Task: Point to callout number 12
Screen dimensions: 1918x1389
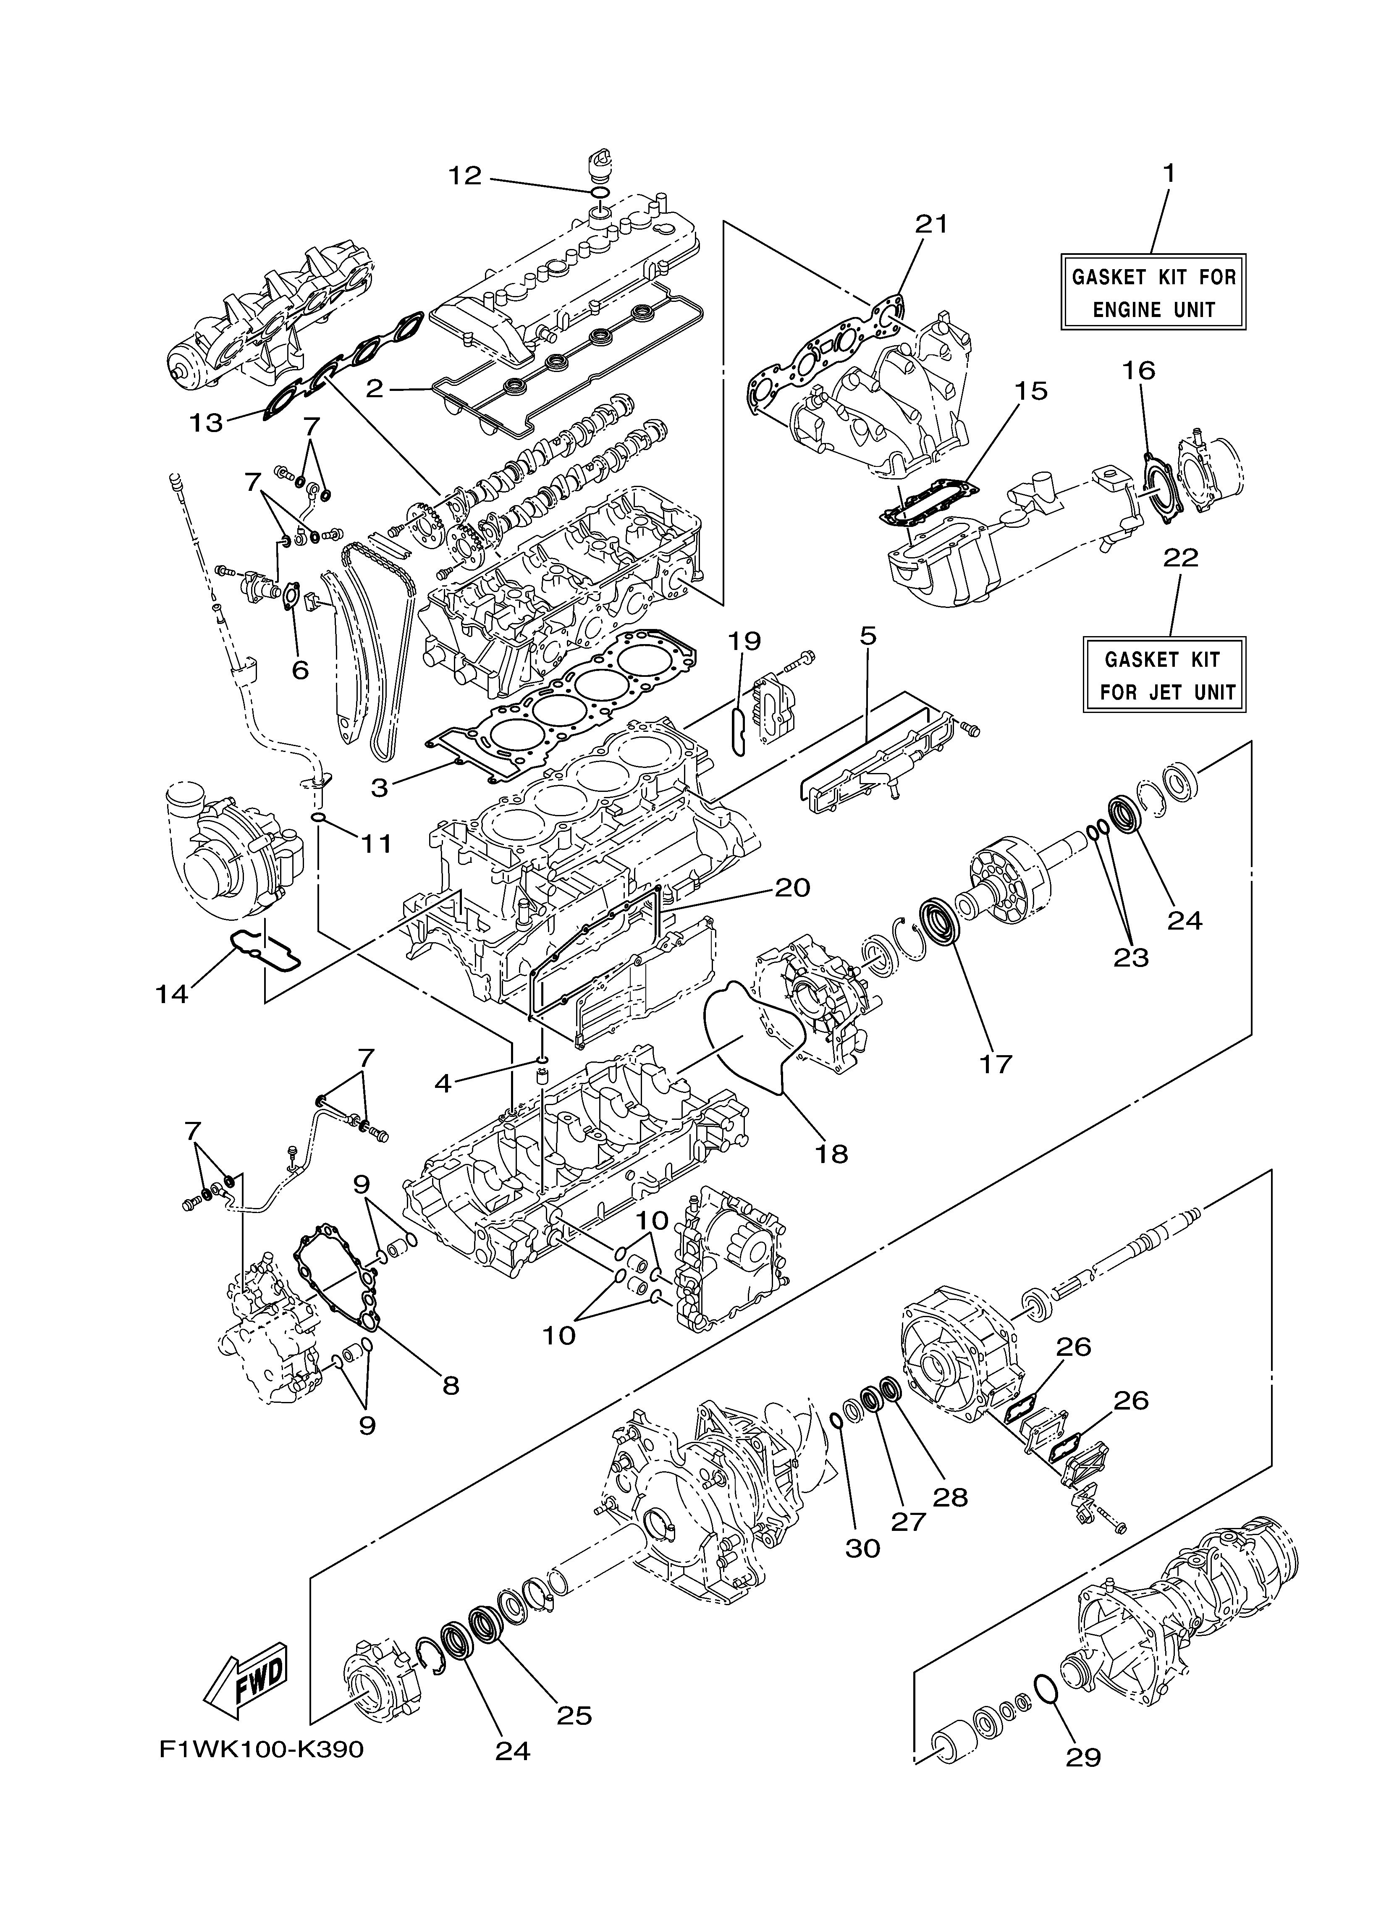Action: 464,176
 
